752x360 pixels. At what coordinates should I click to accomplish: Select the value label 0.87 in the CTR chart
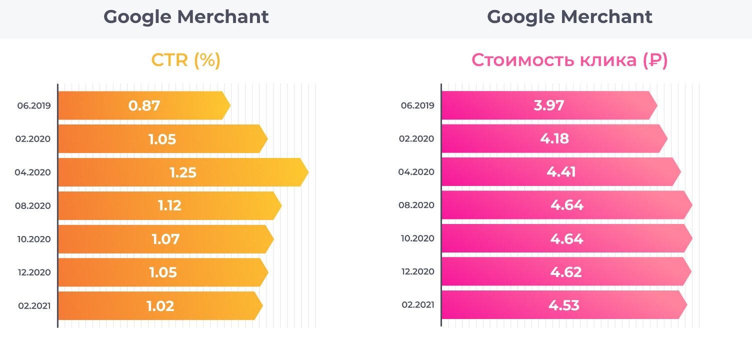pos(144,106)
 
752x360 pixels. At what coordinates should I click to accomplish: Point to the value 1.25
pos(183,173)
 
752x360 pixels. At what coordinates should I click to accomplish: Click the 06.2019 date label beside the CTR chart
pos(33,106)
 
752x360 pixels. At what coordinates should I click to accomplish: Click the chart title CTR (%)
pos(186,60)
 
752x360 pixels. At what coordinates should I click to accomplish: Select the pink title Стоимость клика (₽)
pos(569,60)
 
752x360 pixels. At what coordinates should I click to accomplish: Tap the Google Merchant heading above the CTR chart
pos(186,17)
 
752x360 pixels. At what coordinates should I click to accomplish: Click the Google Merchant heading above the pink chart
pos(569,17)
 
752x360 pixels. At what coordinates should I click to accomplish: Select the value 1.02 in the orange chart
pos(160,305)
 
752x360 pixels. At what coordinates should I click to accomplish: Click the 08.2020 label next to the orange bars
pos(33,205)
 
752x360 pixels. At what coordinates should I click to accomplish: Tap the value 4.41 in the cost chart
pos(561,172)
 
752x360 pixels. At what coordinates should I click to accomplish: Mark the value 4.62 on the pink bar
pos(566,272)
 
